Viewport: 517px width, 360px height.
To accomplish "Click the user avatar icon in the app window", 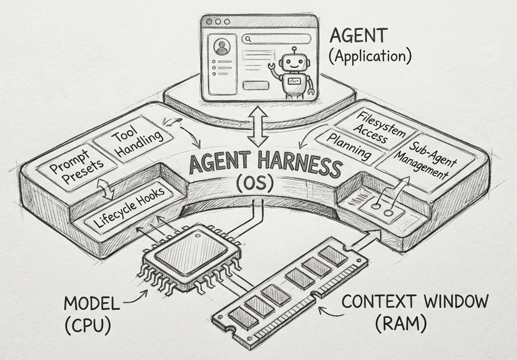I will pyautogui.click(x=221, y=48).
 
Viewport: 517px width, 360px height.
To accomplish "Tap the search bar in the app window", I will pyautogui.click(x=276, y=39).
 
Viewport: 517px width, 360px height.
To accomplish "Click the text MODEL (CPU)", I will pyautogui.click(x=91, y=313).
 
